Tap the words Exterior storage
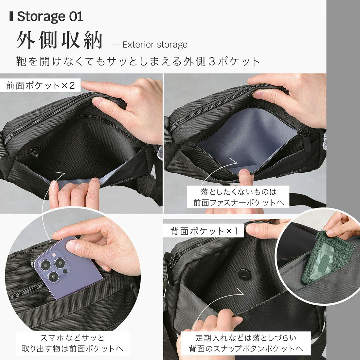click(155, 45)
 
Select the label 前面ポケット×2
click(41, 86)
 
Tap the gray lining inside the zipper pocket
click(249, 134)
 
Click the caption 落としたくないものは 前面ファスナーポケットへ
click(239, 197)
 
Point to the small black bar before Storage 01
click(12, 16)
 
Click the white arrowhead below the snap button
click(242, 291)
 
